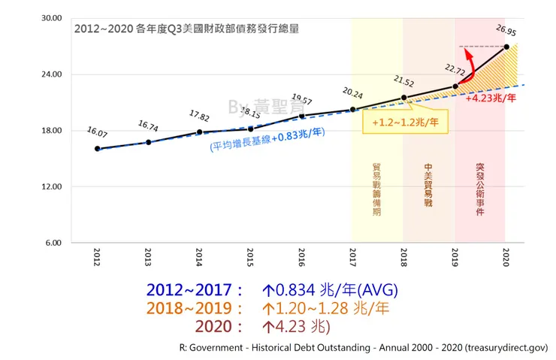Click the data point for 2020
pos(506,47)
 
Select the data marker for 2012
pos(98,149)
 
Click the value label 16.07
pos(98,131)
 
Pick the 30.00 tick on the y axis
pos(50,18)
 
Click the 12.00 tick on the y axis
pos(50,186)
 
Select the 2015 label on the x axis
pos(251,256)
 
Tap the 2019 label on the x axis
pos(455,256)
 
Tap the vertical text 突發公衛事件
pos(480,191)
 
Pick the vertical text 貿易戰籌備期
pos(376,191)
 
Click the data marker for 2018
pos(404,98)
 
